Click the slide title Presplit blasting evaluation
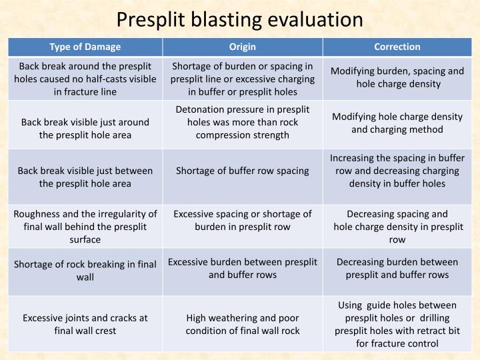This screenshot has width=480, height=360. pos(239,19)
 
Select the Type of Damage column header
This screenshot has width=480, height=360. pos(85,47)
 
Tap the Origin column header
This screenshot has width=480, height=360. pos(242,47)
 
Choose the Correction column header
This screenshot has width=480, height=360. pos(397,47)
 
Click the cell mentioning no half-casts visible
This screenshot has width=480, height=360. pos(85,79)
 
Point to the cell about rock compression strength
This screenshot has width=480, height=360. pos(242,122)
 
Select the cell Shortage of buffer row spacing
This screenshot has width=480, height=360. pos(242,171)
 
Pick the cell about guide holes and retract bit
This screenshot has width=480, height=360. pos(397,324)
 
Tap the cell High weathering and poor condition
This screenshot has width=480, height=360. pos(242,324)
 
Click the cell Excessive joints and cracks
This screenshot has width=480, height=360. pos(85,324)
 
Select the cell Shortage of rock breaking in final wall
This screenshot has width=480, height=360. pos(85,270)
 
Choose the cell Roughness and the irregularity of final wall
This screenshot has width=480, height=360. pos(85,227)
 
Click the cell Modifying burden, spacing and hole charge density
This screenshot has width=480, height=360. pos(397,77)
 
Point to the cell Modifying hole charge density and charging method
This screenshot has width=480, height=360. pos(397,123)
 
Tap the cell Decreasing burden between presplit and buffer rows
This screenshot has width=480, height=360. pos(397,268)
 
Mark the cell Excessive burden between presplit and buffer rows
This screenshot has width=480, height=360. pos(242,268)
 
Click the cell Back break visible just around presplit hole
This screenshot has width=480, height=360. pos(85,128)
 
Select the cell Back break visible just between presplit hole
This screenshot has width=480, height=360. pos(85,177)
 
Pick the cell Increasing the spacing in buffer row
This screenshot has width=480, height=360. pos(397,170)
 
